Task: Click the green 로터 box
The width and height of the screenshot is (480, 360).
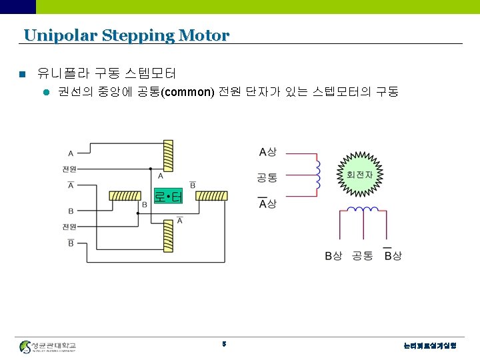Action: click(x=168, y=197)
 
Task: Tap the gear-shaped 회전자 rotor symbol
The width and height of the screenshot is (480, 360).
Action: click(x=360, y=175)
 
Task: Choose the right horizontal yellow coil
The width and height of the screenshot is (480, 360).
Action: click(x=213, y=196)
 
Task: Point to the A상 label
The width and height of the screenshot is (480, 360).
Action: click(x=267, y=152)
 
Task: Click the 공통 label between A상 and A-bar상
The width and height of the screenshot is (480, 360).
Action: click(x=267, y=177)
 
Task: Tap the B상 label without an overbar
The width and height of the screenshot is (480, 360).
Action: click(x=333, y=256)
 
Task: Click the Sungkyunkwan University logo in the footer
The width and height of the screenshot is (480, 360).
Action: click(x=48, y=347)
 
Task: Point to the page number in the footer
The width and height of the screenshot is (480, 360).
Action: click(x=225, y=345)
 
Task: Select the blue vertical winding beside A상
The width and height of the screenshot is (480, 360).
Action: click(x=318, y=177)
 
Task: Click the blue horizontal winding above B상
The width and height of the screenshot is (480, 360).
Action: click(x=363, y=210)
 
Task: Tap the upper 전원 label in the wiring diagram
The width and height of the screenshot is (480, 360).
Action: click(x=69, y=168)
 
